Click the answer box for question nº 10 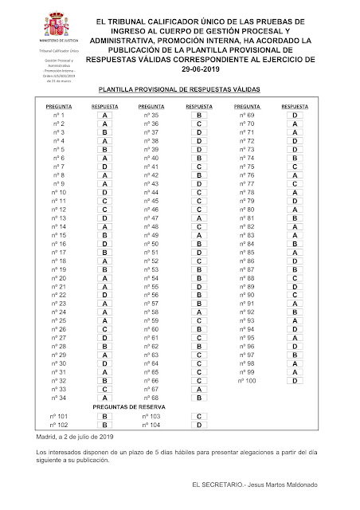pos(105,193)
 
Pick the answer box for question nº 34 pos(105,397)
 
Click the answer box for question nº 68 pos(198,397)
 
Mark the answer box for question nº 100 pos(295,380)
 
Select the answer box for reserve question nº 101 pos(105,417)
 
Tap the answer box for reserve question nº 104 pos(198,426)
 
